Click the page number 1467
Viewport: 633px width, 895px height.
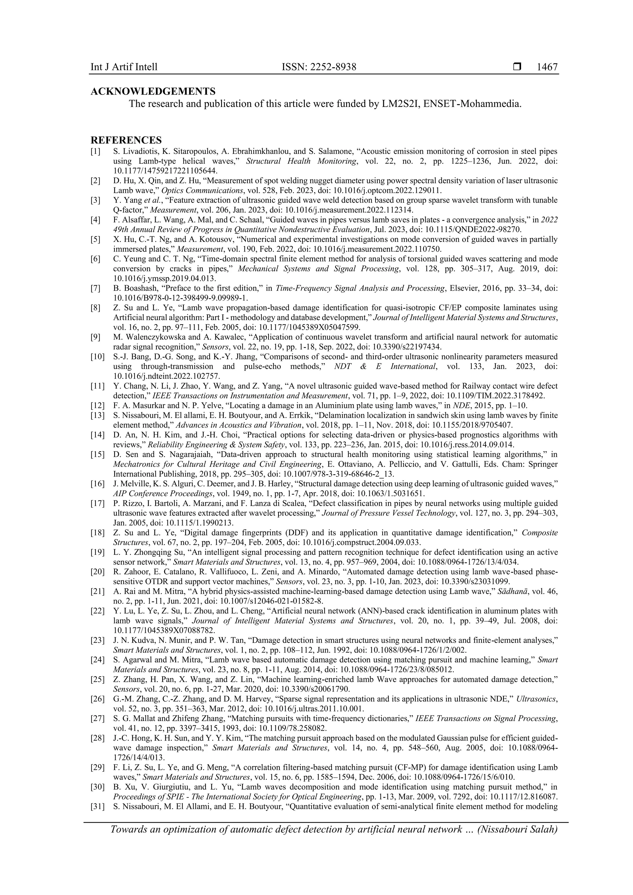(547, 67)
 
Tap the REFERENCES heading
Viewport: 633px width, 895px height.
(126, 140)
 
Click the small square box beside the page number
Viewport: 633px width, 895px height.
(517, 67)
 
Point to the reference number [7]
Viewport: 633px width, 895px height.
(96, 289)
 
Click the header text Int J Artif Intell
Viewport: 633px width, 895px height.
(124, 67)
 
